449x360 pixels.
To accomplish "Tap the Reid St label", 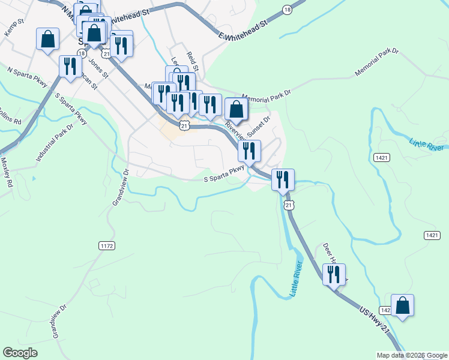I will pos(192,61).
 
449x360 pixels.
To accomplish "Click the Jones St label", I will pos(98,67).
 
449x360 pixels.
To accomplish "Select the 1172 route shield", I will pos(106,245).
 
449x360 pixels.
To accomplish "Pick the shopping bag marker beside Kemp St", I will pos(47,39).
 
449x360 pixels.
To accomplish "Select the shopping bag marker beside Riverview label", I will pos(237,109).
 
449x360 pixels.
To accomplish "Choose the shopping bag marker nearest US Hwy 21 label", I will pos(402,304).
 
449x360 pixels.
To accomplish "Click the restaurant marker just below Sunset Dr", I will pos(249,151).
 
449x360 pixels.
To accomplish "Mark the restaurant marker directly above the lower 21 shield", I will pos(282,179).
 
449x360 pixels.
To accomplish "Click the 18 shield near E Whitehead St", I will pos(288,10).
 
